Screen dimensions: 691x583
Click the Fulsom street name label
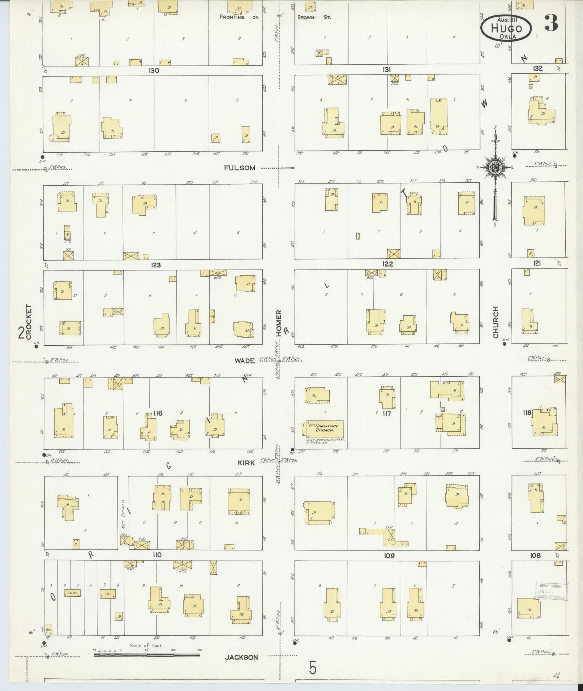coord(240,168)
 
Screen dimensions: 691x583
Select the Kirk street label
coord(246,463)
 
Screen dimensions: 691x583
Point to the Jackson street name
coord(241,657)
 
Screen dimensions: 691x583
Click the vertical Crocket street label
coord(29,321)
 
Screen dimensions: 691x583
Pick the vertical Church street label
coord(495,322)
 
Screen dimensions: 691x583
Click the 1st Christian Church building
coord(324,428)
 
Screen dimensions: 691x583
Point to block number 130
coord(154,70)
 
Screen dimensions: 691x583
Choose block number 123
coord(155,265)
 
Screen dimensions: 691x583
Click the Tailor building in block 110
coord(72,593)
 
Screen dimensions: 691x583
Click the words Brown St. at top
coord(314,17)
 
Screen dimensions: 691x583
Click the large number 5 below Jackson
coord(313,668)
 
